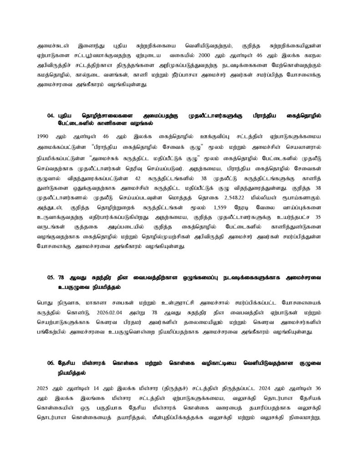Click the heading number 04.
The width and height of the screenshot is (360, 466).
coord(51,116)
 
